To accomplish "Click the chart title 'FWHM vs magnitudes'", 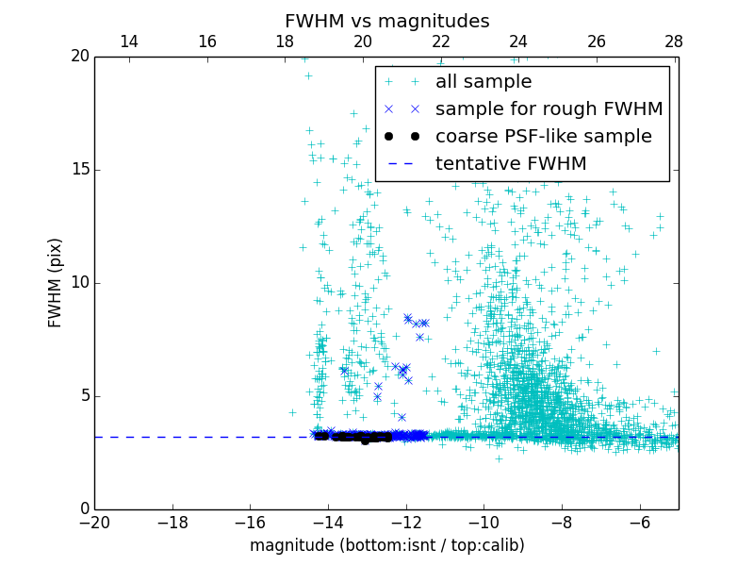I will pyautogui.click(x=386, y=21).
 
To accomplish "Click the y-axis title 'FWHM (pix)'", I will pyautogui.click(x=56, y=282).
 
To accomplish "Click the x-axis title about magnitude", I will pyautogui.click(x=386, y=545).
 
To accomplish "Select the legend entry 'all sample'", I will pyautogui.click(x=483, y=82).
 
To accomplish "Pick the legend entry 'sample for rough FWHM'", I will pyautogui.click(x=549, y=109).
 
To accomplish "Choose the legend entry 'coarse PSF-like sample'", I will pyautogui.click(x=543, y=137).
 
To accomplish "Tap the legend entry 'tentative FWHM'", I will pyautogui.click(x=510, y=164).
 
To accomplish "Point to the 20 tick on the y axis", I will pyautogui.click(x=80, y=57).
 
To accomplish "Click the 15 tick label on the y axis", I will pyautogui.click(x=80, y=170).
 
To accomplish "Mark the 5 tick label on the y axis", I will pyautogui.click(x=84, y=396).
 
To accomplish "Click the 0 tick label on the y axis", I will pyautogui.click(x=84, y=509).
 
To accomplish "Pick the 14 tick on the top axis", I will pyautogui.click(x=129, y=42).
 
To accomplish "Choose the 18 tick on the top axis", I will pyautogui.click(x=285, y=42).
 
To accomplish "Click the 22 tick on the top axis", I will pyautogui.click(x=441, y=42).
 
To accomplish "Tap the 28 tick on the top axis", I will pyautogui.click(x=674, y=42).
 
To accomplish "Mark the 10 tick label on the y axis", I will pyautogui.click(x=80, y=283).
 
